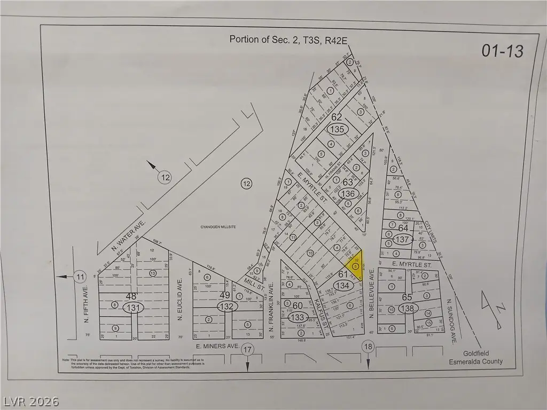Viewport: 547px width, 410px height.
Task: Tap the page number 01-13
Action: coord(502,51)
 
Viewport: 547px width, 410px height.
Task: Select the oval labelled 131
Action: coord(133,307)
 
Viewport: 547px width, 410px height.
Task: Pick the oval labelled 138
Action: coord(408,309)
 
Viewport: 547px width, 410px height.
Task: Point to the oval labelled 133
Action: coord(297,317)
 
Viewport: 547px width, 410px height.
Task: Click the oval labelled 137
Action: coord(403,240)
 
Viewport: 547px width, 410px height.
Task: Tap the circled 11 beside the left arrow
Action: coord(80,277)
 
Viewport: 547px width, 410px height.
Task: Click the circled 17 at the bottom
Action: coord(247,350)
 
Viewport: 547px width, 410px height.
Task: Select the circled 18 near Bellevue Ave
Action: coord(368,347)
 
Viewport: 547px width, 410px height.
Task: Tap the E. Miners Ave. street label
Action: coord(216,346)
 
